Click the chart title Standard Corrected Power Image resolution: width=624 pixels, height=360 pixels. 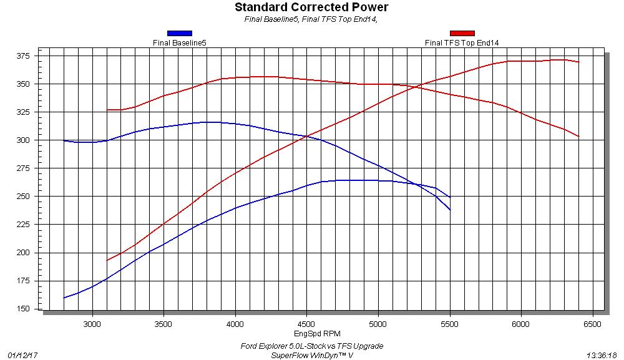click(x=311, y=7)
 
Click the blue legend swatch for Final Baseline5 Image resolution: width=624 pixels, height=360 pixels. click(x=180, y=33)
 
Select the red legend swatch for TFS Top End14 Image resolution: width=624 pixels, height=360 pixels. click(x=462, y=33)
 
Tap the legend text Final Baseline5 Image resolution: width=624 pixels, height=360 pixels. click(x=180, y=43)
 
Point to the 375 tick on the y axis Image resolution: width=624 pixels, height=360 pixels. click(x=27, y=56)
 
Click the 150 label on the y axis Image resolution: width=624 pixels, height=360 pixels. click(x=27, y=309)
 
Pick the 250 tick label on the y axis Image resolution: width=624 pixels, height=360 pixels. click(x=27, y=197)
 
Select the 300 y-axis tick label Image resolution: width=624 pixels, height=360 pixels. click(x=27, y=140)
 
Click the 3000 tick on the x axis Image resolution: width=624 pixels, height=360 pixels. click(x=92, y=324)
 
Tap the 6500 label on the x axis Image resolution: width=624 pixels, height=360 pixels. click(x=592, y=324)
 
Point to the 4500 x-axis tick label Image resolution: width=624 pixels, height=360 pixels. click(x=306, y=324)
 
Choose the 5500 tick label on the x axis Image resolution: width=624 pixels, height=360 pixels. click(x=449, y=324)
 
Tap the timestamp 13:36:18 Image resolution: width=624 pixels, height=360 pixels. click(x=602, y=354)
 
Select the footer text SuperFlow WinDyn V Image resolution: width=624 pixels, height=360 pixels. click(x=312, y=354)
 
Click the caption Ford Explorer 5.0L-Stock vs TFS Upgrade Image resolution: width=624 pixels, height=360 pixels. click(x=312, y=346)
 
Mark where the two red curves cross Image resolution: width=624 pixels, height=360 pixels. click(x=417, y=87)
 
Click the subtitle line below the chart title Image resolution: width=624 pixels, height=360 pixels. click(x=311, y=19)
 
